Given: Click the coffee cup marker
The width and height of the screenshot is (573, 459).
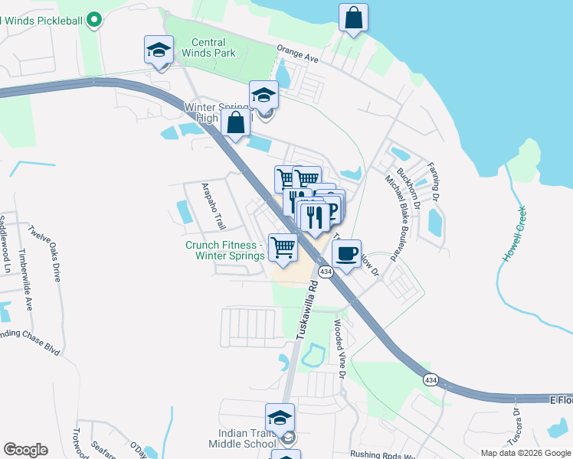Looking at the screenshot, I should click(x=347, y=253).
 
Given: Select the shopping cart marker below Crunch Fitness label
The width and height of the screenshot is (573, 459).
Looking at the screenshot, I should click(x=283, y=248).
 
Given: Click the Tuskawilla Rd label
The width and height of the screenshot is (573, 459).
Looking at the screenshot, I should click(x=306, y=309).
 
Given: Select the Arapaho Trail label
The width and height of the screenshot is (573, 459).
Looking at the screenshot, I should click(x=213, y=206).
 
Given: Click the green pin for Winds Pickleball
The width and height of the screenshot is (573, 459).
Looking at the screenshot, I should click(x=94, y=18).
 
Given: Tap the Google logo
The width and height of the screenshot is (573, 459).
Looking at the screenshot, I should click(x=25, y=450).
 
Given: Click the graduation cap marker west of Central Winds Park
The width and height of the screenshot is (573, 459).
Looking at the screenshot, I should click(x=159, y=50).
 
